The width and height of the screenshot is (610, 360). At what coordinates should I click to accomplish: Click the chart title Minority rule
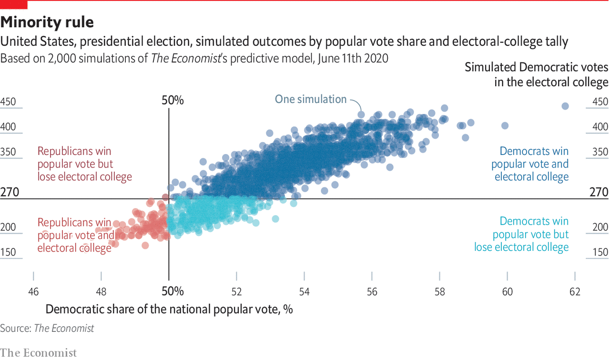(47, 22)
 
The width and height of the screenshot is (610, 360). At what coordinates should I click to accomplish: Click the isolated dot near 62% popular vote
(565, 106)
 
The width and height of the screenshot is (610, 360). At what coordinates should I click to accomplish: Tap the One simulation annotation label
(311, 99)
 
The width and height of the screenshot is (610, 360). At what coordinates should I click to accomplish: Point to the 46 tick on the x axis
(33, 291)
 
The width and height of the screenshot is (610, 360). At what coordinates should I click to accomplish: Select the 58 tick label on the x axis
(439, 291)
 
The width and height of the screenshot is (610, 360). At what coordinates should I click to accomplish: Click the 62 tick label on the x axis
(575, 291)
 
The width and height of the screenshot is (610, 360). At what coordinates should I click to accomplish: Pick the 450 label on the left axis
(8, 102)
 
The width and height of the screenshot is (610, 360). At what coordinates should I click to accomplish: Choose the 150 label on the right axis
(600, 253)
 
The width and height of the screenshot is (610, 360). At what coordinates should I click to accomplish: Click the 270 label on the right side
(599, 192)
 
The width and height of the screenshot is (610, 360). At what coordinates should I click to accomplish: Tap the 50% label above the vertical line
(173, 101)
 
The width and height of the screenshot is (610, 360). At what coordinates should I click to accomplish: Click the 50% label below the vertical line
(173, 291)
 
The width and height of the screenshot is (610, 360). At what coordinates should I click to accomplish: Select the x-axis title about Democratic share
(169, 309)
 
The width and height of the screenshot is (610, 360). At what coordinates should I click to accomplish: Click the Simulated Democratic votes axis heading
(537, 75)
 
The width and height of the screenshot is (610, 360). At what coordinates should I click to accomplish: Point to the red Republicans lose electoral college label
(84, 164)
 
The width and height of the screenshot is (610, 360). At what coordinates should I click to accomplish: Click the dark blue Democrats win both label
(530, 164)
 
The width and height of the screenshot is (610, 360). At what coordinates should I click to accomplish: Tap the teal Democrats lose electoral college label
(521, 234)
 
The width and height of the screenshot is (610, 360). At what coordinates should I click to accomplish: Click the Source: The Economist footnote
(47, 328)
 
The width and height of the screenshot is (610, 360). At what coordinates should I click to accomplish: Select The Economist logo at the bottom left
(38, 353)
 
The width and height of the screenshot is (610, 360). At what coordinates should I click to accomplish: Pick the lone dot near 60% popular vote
(505, 125)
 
